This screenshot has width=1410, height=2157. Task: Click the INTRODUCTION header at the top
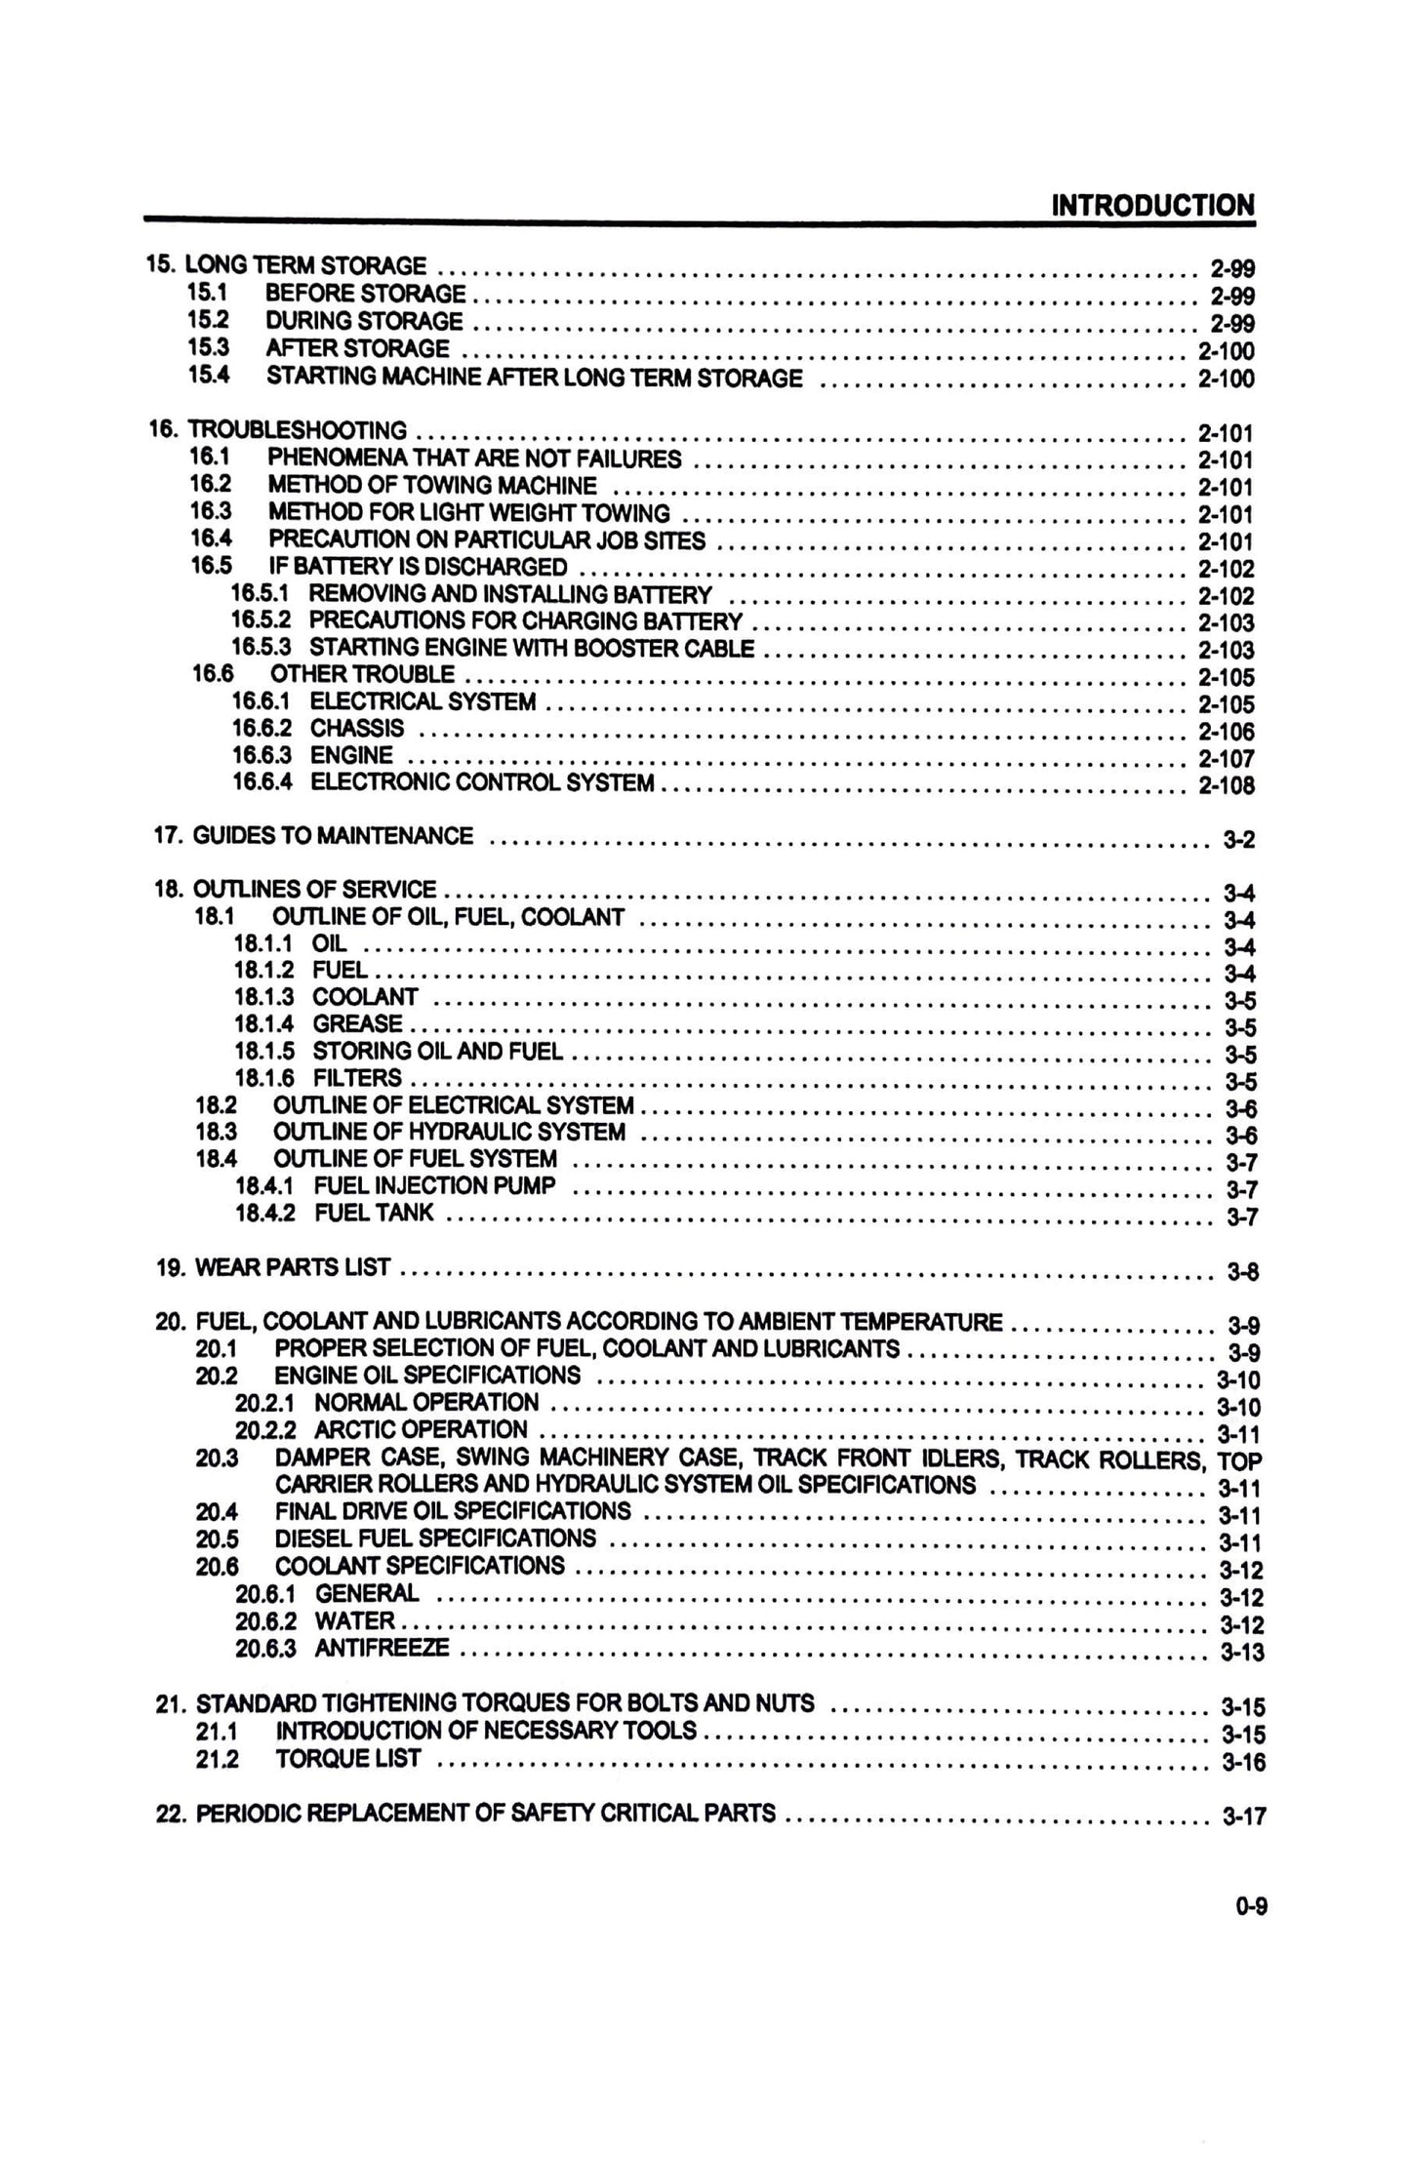point(1152,206)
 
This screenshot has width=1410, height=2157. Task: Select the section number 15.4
point(208,376)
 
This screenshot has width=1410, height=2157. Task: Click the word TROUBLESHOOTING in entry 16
point(298,430)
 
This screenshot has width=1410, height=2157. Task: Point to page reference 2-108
point(1226,785)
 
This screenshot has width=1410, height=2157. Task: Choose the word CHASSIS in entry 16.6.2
point(357,728)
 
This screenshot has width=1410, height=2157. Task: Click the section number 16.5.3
point(261,648)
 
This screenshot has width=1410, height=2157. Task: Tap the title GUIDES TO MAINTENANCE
point(333,835)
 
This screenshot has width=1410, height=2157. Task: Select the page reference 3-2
point(1239,839)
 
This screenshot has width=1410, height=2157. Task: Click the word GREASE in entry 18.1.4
point(357,1023)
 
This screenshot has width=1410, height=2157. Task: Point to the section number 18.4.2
point(265,1213)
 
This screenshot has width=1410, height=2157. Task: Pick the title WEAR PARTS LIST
point(293,1267)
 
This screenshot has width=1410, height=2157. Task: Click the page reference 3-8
point(1242,1271)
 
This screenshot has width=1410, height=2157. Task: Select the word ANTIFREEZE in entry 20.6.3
point(383,1648)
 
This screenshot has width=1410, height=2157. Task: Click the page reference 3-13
point(1241,1652)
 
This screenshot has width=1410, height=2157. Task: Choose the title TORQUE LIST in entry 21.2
point(348,1758)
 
